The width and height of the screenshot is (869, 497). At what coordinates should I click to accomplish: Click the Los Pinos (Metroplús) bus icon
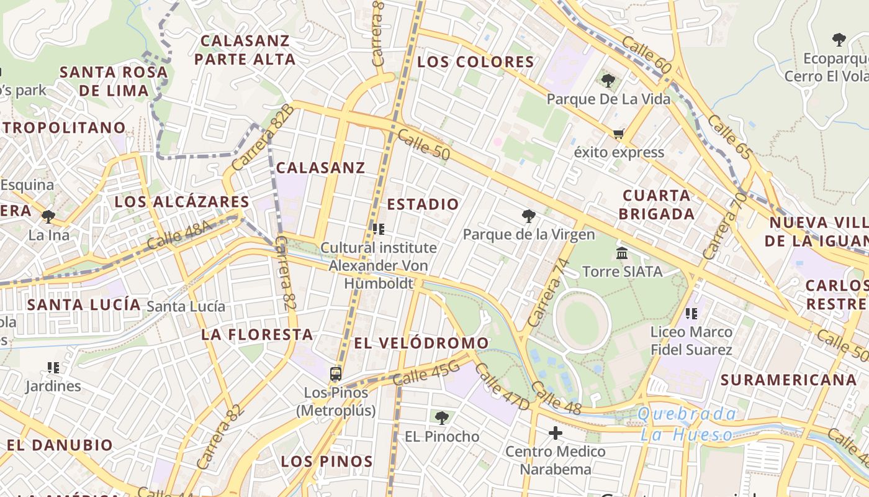pos(336,374)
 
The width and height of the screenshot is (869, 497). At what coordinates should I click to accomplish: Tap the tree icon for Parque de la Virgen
pos(529,216)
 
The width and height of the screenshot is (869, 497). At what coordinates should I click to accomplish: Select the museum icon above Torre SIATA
pos(622,253)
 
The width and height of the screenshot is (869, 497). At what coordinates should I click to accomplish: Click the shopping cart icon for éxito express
pos(618,134)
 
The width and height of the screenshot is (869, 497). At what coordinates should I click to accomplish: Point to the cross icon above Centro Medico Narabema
pos(556,433)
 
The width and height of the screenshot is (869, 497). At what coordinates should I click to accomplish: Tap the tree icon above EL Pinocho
pos(442,418)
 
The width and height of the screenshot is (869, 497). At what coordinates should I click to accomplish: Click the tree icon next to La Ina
pos(48,217)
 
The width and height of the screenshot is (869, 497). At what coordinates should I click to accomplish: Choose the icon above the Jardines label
pos(53,368)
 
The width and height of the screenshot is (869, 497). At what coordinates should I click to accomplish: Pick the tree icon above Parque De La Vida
pos(608,80)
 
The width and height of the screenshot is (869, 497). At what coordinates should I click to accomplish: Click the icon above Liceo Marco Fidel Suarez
pos(691,314)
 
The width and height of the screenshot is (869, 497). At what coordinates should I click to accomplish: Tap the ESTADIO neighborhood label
pos(423,204)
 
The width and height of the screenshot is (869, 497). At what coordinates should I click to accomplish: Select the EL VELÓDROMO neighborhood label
pos(421,343)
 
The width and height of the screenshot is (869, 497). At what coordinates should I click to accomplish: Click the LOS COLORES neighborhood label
pos(475,62)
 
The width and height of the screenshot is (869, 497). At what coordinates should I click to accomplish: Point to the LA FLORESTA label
pos(256,335)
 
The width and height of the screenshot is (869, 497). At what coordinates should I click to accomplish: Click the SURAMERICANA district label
pos(788,380)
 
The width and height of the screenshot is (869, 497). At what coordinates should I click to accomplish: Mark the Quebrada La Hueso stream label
pos(687,424)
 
